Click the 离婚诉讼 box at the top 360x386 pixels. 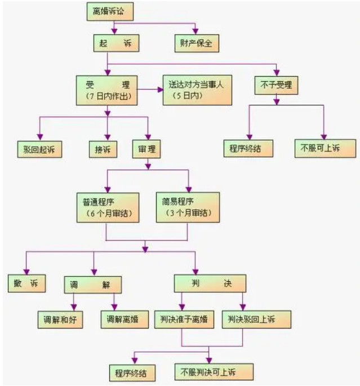(x=110, y=12)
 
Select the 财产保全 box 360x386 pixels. (x=197, y=43)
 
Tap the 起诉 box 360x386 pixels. (x=116, y=43)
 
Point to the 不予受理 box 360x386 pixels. (x=276, y=85)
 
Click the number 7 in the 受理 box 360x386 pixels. (x=91, y=96)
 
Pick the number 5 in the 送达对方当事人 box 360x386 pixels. (x=179, y=96)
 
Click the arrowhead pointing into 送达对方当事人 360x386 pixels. (x=160, y=90)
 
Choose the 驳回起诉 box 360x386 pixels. (x=39, y=149)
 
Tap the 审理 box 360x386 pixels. (x=146, y=149)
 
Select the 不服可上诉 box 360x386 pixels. (x=325, y=148)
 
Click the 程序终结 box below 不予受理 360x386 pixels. (x=248, y=148)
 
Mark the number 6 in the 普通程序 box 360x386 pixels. (x=92, y=213)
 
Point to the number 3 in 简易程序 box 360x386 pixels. (x=172, y=212)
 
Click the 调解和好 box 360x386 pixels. (x=60, y=320)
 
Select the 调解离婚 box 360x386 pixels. (x=125, y=320)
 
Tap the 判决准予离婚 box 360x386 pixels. (x=184, y=320)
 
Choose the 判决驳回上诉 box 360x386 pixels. (x=256, y=320)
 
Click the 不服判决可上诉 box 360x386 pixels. (x=214, y=372)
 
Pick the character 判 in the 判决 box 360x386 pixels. (x=195, y=283)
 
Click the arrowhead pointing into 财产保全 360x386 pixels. (x=195, y=31)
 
